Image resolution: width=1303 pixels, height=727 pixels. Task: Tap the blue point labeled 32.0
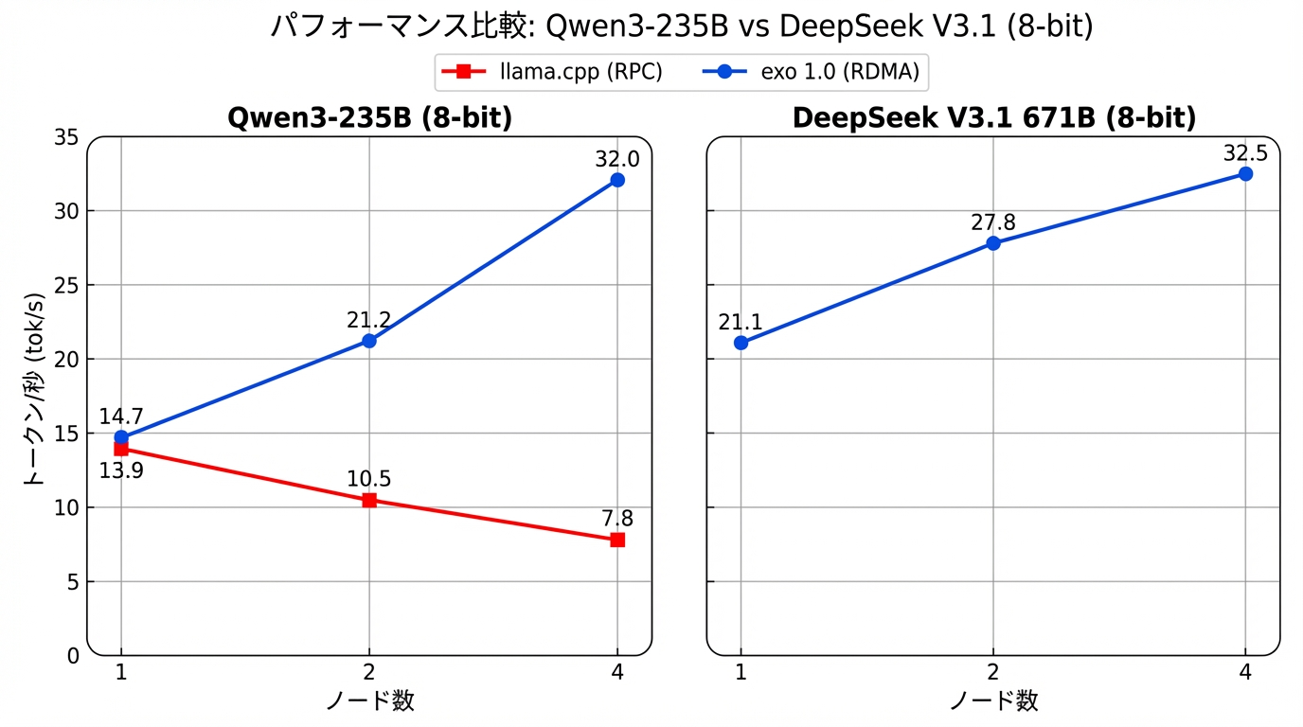617,180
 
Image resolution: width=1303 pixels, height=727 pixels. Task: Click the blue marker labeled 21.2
369,341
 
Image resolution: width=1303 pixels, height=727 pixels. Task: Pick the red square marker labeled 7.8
617,540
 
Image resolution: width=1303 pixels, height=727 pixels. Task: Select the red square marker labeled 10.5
369,500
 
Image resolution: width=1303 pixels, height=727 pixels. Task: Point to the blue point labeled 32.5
1245,174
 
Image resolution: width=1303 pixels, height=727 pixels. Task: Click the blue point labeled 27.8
993,243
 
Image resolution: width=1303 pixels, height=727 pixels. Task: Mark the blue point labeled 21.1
741,343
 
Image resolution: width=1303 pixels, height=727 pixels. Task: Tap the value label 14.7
121,417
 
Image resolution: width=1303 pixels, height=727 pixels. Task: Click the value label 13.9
121,470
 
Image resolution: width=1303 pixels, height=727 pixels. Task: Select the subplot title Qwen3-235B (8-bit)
369,118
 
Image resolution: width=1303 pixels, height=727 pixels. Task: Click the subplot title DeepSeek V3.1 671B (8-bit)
993,118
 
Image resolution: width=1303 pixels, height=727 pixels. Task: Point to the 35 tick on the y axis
67,138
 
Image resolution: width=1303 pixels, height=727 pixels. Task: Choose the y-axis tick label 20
67,360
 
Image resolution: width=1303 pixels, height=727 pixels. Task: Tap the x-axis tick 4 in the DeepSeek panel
1245,672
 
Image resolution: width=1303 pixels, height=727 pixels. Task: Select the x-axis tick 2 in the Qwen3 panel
369,672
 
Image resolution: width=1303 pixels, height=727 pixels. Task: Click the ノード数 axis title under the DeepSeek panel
993,701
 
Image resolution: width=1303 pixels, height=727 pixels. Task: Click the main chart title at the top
682,27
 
